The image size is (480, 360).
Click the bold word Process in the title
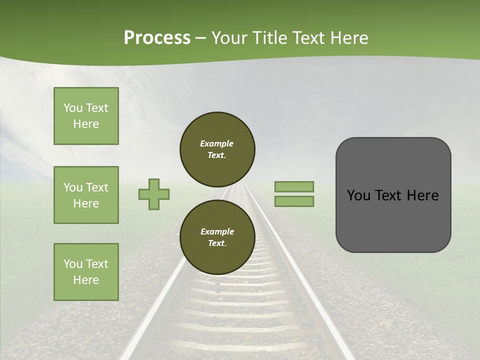157,38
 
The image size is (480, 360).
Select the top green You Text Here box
86,116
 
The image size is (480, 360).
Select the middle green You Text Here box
86,195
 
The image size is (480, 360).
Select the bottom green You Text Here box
86,272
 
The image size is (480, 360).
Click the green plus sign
154,194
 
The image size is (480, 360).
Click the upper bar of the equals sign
294,186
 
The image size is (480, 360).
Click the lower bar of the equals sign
294,201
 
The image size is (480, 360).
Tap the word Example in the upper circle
217,143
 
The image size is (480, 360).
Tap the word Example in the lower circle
217,231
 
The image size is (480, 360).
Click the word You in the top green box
72,108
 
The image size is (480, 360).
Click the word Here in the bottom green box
86,280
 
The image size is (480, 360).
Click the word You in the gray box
359,195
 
